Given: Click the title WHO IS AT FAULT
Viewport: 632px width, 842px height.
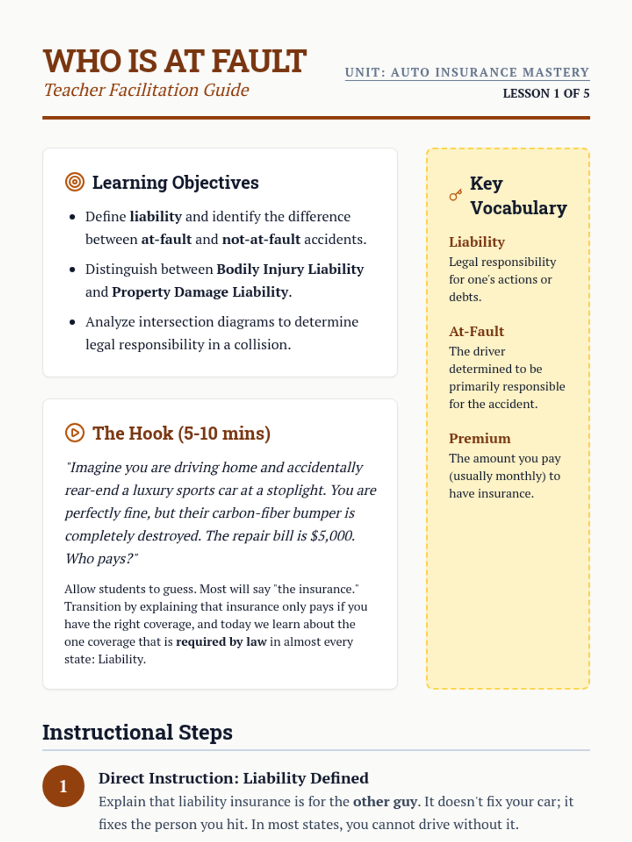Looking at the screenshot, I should click(x=174, y=61).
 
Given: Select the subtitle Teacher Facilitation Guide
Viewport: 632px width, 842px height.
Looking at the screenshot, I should click(x=146, y=90).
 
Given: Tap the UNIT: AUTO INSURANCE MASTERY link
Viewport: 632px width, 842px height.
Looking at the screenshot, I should click(x=467, y=73).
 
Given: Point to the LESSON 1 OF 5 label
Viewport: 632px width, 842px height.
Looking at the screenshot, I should click(x=546, y=94).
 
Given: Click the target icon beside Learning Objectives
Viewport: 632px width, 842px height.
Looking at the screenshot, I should click(x=75, y=182).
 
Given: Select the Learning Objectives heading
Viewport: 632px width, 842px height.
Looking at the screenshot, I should click(x=175, y=183).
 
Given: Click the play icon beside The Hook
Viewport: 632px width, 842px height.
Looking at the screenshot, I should click(x=75, y=433).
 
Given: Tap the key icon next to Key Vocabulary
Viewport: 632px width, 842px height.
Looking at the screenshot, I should click(x=456, y=195).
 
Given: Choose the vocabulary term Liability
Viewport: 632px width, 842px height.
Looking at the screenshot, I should click(x=477, y=242).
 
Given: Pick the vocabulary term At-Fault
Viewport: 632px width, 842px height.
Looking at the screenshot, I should click(x=476, y=332).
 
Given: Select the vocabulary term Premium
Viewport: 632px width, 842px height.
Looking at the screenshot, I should click(x=479, y=439).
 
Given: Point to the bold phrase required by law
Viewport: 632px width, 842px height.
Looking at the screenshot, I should click(x=221, y=642).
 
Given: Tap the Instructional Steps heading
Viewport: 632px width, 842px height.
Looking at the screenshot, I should click(x=137, y=733).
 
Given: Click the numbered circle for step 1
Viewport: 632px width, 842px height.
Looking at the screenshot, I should click(x=63, y=786).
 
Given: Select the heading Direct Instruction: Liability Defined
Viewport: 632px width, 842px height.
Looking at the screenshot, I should click(x=233, y=778).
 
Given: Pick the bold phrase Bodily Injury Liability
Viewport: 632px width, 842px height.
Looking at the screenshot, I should click(x=290, y=269).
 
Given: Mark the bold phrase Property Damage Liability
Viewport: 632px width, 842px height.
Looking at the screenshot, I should click(x=200, y=292).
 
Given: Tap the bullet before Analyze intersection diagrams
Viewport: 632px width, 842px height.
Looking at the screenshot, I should click(x=73, y=322).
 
